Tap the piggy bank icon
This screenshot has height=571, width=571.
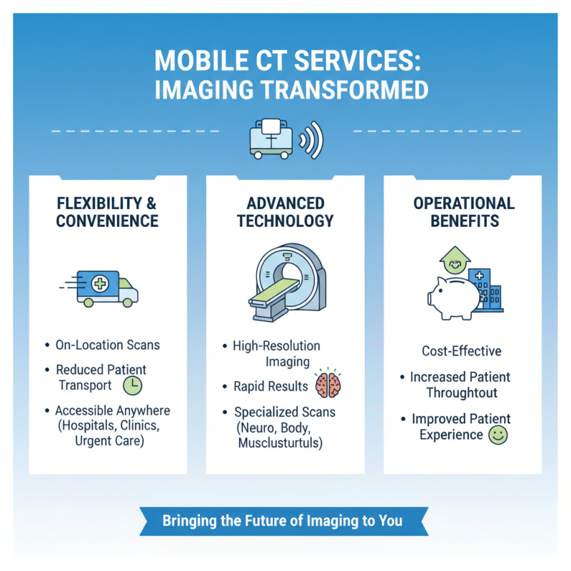click(x=453, y=295)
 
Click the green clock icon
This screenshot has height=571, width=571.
click(x=133, y=385)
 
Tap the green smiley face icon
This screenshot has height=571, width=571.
click(x=497, y=435)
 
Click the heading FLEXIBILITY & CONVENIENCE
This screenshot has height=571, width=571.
click(x=107, y=212)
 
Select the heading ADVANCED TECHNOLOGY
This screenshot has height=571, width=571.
click(x=285, y=212)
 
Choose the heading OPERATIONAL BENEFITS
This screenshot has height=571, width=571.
click(x=463, y=212)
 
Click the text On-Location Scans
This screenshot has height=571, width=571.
click(x=107, y=345)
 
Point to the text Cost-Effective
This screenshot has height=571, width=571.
click(x=463, y=351)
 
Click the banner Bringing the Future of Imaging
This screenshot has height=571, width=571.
click(x=282, y=520)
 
